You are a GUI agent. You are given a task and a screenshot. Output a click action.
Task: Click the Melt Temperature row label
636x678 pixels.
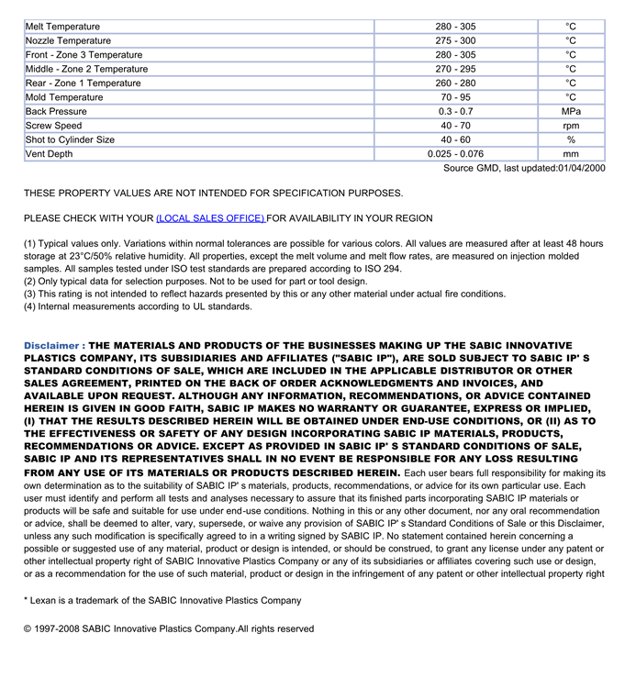coord(62,27)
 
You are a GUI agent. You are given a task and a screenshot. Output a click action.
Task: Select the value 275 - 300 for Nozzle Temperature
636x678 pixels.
coord(455,40)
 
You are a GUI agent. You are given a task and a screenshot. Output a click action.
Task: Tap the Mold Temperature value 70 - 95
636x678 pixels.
coord(455,97)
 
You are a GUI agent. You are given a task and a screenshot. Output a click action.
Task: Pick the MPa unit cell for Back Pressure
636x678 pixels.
coord(571,111)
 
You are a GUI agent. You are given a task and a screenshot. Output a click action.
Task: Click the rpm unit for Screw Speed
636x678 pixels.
coord(571,126)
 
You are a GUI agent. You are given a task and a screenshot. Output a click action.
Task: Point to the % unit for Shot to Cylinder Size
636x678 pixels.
coord(571,139)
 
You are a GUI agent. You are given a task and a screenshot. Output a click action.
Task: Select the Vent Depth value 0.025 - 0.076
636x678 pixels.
coord(455,154)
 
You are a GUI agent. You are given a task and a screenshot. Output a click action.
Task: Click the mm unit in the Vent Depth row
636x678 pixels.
coord(571,154)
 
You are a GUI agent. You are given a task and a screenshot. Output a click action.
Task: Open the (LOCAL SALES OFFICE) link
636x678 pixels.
coord(211,218)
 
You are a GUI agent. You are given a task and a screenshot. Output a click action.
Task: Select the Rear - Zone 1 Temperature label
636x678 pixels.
coord(84,83)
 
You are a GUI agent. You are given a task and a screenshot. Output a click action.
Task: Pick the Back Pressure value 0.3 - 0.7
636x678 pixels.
coord(455,111)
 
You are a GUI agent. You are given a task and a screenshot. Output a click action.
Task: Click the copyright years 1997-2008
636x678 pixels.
coord(58,628)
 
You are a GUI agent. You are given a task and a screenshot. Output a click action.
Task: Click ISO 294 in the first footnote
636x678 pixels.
coord(384,268)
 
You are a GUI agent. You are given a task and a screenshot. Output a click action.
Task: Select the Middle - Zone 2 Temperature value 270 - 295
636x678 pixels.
coord(455,69)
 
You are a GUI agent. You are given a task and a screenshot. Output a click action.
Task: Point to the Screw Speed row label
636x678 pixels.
coord(54,126)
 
